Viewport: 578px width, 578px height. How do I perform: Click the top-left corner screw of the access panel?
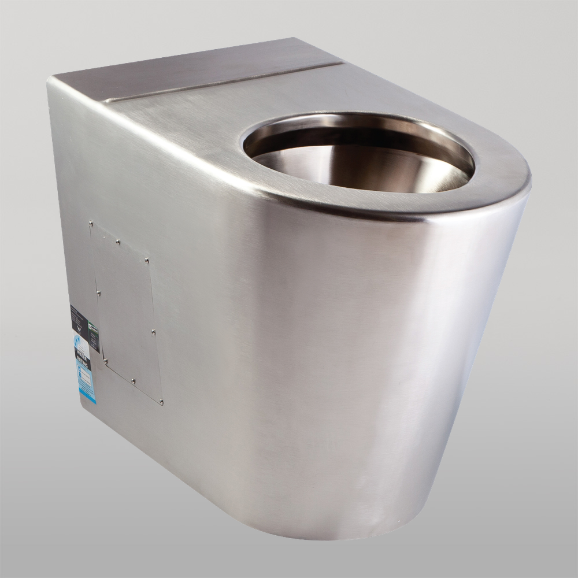point(91,221)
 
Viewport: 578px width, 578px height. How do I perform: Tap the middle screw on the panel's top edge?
point(118,241)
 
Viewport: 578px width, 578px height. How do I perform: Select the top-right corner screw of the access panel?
point(147,261)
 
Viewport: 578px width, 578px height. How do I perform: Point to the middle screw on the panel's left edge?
point(99,294)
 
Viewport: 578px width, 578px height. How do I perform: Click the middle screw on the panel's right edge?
point(153,332)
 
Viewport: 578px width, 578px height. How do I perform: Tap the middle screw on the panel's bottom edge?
point(133,381)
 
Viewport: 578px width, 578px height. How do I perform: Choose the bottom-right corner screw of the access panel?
point(161,402)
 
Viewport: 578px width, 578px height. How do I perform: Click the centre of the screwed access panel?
point(126,312)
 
